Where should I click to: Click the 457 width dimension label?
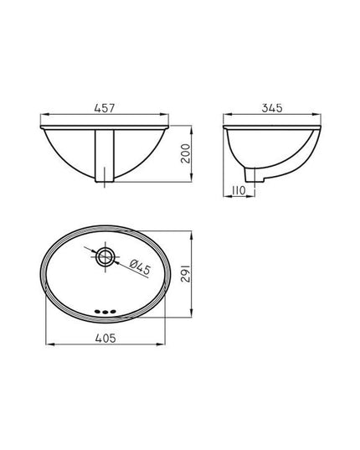coord(105,108)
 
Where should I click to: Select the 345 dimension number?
coord(272,108)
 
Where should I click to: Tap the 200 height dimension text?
coord(186,153)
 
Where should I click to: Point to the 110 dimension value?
coord(239,190)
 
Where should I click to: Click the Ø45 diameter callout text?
coord(140,266)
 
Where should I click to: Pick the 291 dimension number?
coord(186,273)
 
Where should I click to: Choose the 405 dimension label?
coord(105,338)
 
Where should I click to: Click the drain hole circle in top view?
coord(105,256)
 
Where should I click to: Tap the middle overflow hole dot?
coord(105,312)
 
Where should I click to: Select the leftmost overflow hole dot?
coord(98,311)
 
